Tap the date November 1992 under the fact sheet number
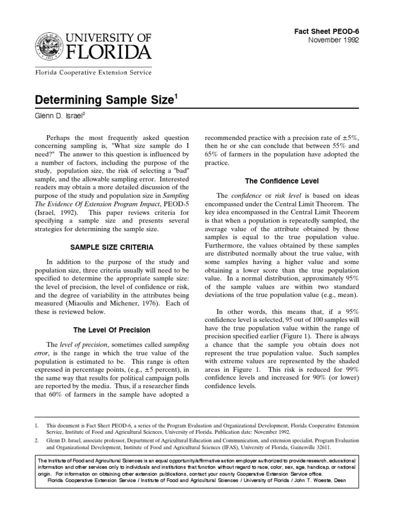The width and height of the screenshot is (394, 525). click(333, 41)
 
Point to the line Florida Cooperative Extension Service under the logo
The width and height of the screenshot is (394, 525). click(93, 73)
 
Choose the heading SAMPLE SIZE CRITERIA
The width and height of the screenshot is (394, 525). click(112, 247)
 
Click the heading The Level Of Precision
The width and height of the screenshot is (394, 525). click(112, 329)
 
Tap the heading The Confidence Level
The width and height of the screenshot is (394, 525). click(282, 181)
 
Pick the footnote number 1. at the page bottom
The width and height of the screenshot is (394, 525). click(37, 426)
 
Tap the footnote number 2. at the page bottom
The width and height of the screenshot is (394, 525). click(37, 440)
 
